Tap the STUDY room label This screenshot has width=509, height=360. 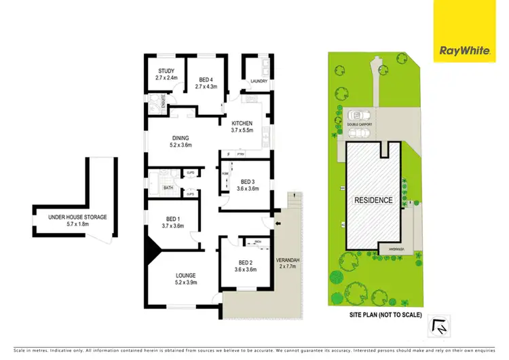(166, 71)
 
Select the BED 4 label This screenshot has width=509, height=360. (204, 71)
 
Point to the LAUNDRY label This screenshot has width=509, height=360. (259, 82)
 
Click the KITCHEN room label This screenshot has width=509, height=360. (242, 123)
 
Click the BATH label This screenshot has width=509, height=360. (168, 188)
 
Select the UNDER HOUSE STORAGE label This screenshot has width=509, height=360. (77, 217)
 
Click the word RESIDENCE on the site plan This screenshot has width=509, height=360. (373, 200)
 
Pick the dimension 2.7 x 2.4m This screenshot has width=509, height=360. (166, 77)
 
